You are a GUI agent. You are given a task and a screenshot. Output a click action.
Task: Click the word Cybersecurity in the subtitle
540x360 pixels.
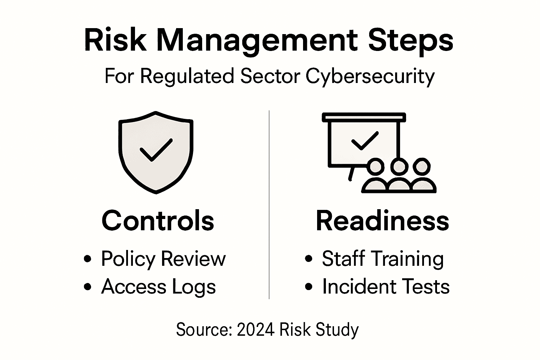(370, 76)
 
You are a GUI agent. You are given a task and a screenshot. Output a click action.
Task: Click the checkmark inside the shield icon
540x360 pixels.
(156, 150)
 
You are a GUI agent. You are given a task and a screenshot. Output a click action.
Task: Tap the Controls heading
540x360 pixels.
(157, 220)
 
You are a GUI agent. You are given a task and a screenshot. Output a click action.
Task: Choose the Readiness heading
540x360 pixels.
(382, 220)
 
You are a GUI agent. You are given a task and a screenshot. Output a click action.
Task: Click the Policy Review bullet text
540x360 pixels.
(163, 259)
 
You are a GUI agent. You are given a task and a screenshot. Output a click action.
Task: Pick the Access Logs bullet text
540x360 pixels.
(159, 287)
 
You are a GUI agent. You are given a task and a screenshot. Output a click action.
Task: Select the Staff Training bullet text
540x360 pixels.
(382, 259)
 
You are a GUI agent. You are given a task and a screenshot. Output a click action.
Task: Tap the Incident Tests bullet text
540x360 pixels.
(386, 286)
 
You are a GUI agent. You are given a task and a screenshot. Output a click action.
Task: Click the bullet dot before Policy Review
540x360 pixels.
(88, 259)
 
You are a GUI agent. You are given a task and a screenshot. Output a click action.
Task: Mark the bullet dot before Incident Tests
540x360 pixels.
(309, 287)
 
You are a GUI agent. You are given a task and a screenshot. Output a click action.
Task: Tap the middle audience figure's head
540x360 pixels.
(398, 166)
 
